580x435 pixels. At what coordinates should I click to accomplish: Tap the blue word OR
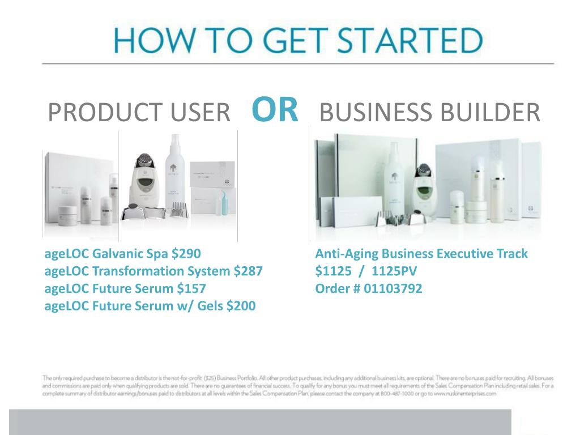coord(275,110)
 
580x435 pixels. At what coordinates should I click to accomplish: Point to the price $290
coord(186,254)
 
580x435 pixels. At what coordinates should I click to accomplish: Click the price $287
coord(248,271)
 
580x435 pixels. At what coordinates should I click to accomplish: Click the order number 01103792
coord(393,289)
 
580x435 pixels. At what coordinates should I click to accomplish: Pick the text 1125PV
coord(397,271)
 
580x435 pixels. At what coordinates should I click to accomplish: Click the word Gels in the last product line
coord(208,306)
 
